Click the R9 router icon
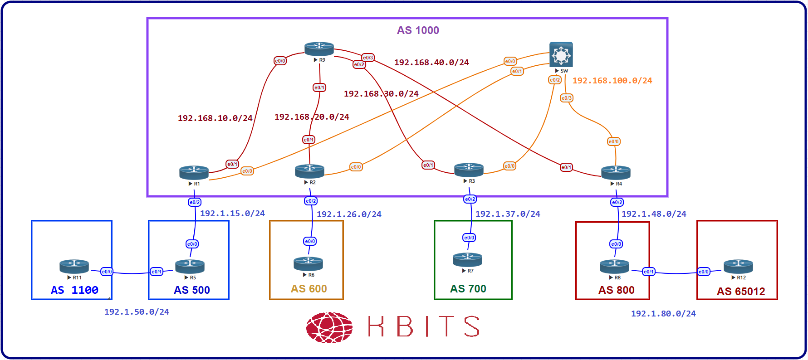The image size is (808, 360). pos(319,49)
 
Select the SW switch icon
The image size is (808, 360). pos(561,54)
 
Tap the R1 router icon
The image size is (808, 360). pos(194,172)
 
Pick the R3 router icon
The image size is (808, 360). pos(469,170)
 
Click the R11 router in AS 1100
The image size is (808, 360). pos(74,266)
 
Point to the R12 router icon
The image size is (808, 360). pos(738,266)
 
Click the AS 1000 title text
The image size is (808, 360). pos(418,30)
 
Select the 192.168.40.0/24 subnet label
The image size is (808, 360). pos(431,63)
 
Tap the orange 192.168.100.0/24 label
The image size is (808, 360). pos(612,81)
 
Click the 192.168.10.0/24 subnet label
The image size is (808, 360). pos(215,118)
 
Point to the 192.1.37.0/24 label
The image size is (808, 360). pos(508,214)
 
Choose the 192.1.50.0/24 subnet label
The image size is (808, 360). pos(137,312)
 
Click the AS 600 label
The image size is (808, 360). pos(309,289)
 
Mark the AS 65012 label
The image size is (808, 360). pos(741,292)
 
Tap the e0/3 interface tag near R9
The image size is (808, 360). pos(368,58)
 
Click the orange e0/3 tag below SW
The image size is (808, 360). pos(567,98)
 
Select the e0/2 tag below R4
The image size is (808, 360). pos(617,202)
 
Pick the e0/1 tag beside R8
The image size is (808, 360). pos(649,272)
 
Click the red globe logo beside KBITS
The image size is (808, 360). pos(329,327)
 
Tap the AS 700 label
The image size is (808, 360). pos(468,289)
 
